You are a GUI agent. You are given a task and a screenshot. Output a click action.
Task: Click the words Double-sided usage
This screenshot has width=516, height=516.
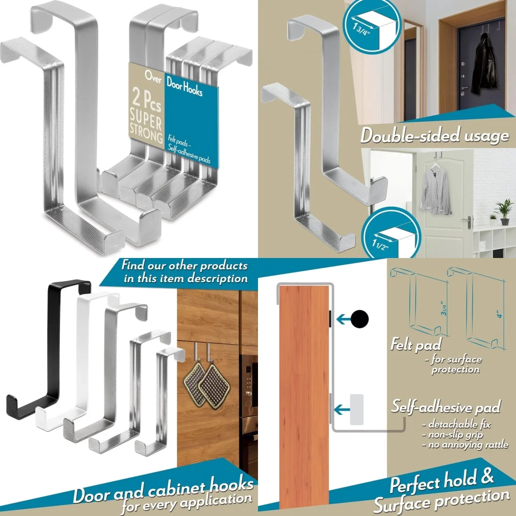point(434,136)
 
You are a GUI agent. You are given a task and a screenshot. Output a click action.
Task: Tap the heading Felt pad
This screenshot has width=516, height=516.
point(416,344)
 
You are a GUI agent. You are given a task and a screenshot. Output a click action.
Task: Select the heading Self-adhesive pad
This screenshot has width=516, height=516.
point(445,407)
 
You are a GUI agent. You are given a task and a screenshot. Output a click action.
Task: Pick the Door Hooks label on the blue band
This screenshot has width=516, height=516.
point(184,86)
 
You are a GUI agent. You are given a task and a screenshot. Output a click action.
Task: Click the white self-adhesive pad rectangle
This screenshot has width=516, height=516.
point(357,410)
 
